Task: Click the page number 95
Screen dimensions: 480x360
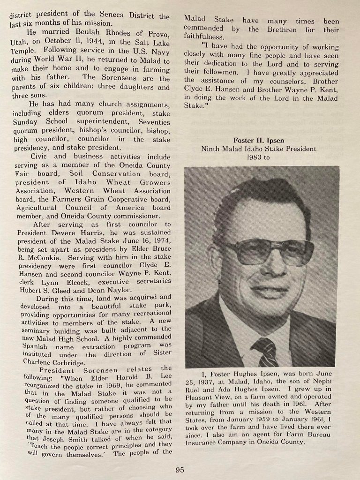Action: tap(180, 470)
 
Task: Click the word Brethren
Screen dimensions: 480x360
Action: tap(283, 29)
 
